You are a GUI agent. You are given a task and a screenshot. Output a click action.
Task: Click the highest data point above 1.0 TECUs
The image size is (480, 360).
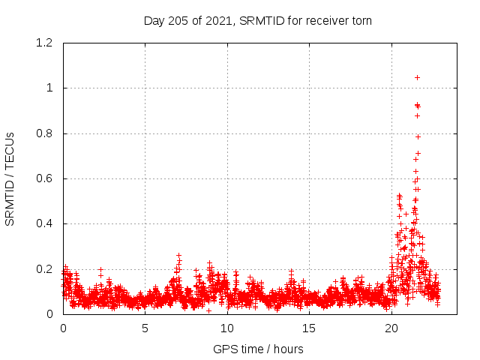(417, 77)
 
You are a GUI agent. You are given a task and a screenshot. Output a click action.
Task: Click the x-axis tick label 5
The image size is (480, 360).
(145, 328)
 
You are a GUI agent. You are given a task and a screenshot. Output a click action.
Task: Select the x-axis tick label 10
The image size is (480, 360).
(227, 328)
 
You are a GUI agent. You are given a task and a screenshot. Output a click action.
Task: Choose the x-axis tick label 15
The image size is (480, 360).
(309, 328)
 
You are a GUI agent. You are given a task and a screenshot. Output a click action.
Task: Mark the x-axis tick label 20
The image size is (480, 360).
(391, 328)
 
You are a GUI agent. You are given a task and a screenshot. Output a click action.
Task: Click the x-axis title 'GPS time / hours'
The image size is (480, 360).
(258, 349)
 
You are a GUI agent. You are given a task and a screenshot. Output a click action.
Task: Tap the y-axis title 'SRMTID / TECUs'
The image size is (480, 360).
(10, 178)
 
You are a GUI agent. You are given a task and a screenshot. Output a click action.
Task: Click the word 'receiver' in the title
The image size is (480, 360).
(326, 20)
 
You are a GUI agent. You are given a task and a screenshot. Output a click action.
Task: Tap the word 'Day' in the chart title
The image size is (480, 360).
(154, 20)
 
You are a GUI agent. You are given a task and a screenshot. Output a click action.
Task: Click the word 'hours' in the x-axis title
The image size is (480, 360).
(288, 349)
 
